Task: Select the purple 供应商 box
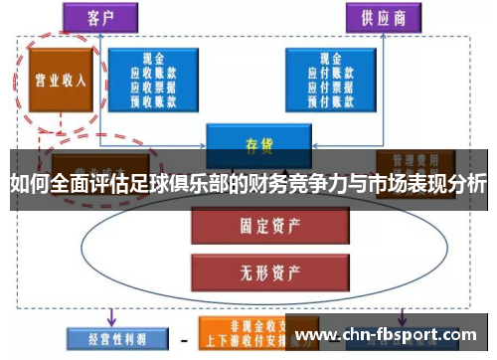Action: click(382, 18)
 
